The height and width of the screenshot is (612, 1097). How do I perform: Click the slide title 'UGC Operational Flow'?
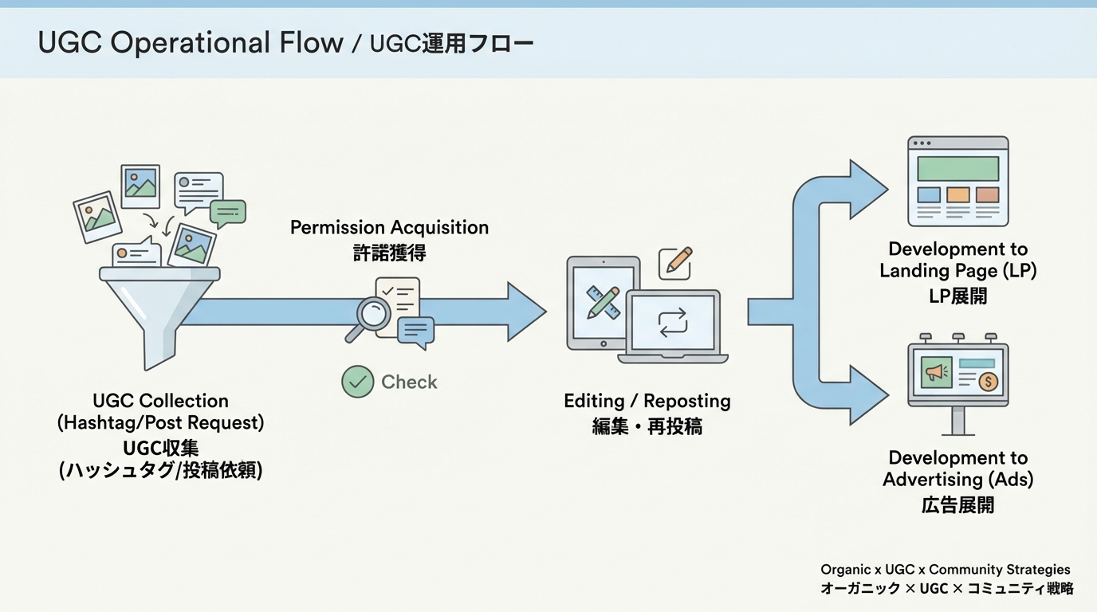click(x=190, y=43)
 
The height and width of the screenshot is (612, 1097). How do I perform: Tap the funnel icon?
click(x=159, y=311)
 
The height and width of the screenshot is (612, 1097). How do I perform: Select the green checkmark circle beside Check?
click(x=358, y=382)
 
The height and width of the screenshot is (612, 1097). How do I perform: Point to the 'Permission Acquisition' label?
click(x=389, y=228)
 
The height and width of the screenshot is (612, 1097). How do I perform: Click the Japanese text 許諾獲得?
click(x=389, y=253)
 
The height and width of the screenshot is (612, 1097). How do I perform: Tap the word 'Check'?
click(x=409, y=382)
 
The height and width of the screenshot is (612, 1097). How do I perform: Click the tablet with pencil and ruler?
click(x=602, y=303)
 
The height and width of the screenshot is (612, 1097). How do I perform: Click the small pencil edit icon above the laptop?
click(x=674, y=263)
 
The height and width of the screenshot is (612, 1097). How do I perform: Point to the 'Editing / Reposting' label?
click(x=647, y=401)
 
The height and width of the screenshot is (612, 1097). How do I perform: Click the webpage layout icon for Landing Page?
click(x=957, y=182)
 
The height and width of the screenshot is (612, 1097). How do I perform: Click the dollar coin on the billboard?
click(x=988, y=382)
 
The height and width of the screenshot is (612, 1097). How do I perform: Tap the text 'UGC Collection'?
click(x=160, y=401)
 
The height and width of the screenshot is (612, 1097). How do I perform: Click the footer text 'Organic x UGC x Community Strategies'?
click(x=946, y=570)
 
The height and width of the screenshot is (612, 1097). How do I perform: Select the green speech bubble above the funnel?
click(x=228, y=213)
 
